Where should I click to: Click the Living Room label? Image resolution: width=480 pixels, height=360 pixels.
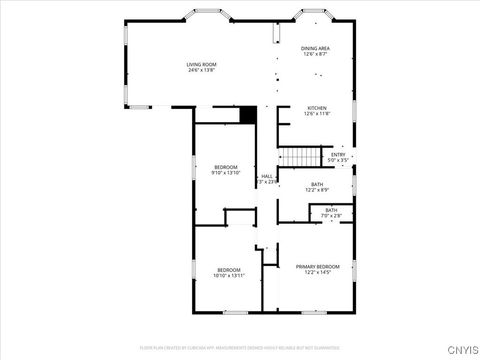click(x=201, y=64)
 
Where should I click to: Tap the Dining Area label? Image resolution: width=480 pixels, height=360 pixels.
click(x=316, y=48)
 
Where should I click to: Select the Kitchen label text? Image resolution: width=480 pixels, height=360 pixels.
click(x=317, y=108)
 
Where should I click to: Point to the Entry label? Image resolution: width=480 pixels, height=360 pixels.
click(x=339, y=154)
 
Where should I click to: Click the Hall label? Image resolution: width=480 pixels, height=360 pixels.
click(x=267, y=176)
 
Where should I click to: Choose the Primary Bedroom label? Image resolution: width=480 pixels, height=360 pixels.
click(x=317, y=266)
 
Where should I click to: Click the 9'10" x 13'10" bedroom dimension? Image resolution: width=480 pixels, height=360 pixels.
click(x=227, y=173)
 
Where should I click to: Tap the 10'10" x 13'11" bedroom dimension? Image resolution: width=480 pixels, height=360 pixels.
click(x=230, y=276)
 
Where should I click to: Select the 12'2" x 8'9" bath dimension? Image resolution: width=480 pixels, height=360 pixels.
click(x=317, y=190)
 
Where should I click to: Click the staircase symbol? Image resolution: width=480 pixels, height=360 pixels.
click(x=296, y=157)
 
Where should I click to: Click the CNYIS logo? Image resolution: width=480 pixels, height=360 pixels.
click(x=461, y=349)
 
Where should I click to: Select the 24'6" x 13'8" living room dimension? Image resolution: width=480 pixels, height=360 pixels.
click(x=201, y=70)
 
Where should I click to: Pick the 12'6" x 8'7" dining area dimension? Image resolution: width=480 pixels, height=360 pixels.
click(x=316, y=54)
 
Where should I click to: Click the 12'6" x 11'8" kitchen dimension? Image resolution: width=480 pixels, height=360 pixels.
click(x=317, y=114)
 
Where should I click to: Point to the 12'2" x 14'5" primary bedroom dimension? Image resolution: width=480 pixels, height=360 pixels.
click(x=317, y=272)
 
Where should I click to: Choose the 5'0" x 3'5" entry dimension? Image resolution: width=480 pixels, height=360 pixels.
click(x=339, y=160)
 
